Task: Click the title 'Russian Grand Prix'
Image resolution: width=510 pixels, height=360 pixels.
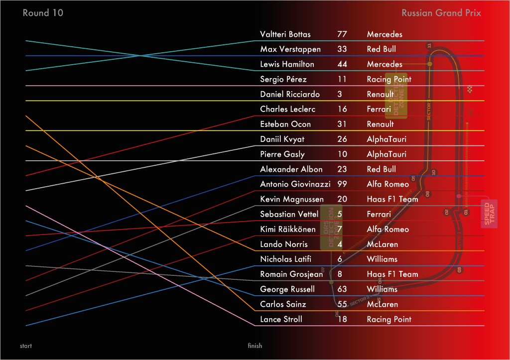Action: (441, 13)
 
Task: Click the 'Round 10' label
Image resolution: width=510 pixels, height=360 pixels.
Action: (43, 13)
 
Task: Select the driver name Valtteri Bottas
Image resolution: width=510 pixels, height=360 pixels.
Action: (285, 34)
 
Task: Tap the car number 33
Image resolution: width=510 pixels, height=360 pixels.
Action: (342, 49)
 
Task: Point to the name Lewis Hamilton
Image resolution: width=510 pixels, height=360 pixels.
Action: (287, 64)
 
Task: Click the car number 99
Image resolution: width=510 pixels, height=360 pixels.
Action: (342, 184)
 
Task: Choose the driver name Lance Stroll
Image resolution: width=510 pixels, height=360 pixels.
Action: (281, 319)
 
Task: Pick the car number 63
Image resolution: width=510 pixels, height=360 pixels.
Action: (342, 289)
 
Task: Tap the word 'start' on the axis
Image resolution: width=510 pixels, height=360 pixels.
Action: (26, 346)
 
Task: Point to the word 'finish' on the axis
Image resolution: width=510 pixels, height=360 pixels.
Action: (255, 346)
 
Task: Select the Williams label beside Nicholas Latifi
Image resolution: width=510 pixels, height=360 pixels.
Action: (382, 259)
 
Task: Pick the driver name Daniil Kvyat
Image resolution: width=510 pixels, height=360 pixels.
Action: (282, 139)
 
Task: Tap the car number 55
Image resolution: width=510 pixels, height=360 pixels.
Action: (342, 304)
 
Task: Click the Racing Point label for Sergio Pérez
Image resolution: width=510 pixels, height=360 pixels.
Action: (389, 79)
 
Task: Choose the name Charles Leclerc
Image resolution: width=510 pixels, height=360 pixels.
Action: (287, 109)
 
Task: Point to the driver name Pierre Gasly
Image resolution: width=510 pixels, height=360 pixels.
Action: (282, 154)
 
